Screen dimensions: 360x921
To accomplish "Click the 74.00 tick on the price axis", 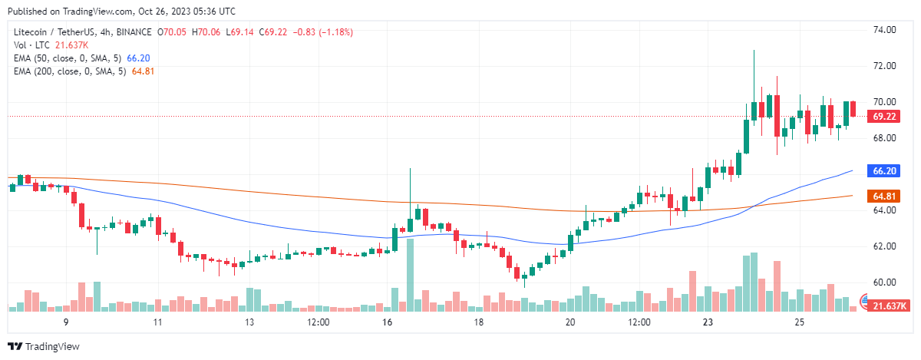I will click(x=886, y=30).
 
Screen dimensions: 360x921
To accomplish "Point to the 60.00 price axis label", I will click(x=886, y=282).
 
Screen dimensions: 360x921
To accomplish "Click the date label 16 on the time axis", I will click(x=387, y=323).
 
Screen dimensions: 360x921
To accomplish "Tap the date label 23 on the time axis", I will click(x=708, y=323).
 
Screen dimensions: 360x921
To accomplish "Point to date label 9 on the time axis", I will click(x=66, y=323).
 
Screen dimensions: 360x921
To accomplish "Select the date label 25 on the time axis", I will click(x=800, y=323).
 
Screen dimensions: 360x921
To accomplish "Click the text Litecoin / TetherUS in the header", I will click(x=61, y=32).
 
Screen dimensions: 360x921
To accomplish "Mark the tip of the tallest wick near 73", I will click(x=754, y=51).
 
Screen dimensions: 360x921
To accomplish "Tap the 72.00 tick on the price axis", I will click(x=886, y=66).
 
